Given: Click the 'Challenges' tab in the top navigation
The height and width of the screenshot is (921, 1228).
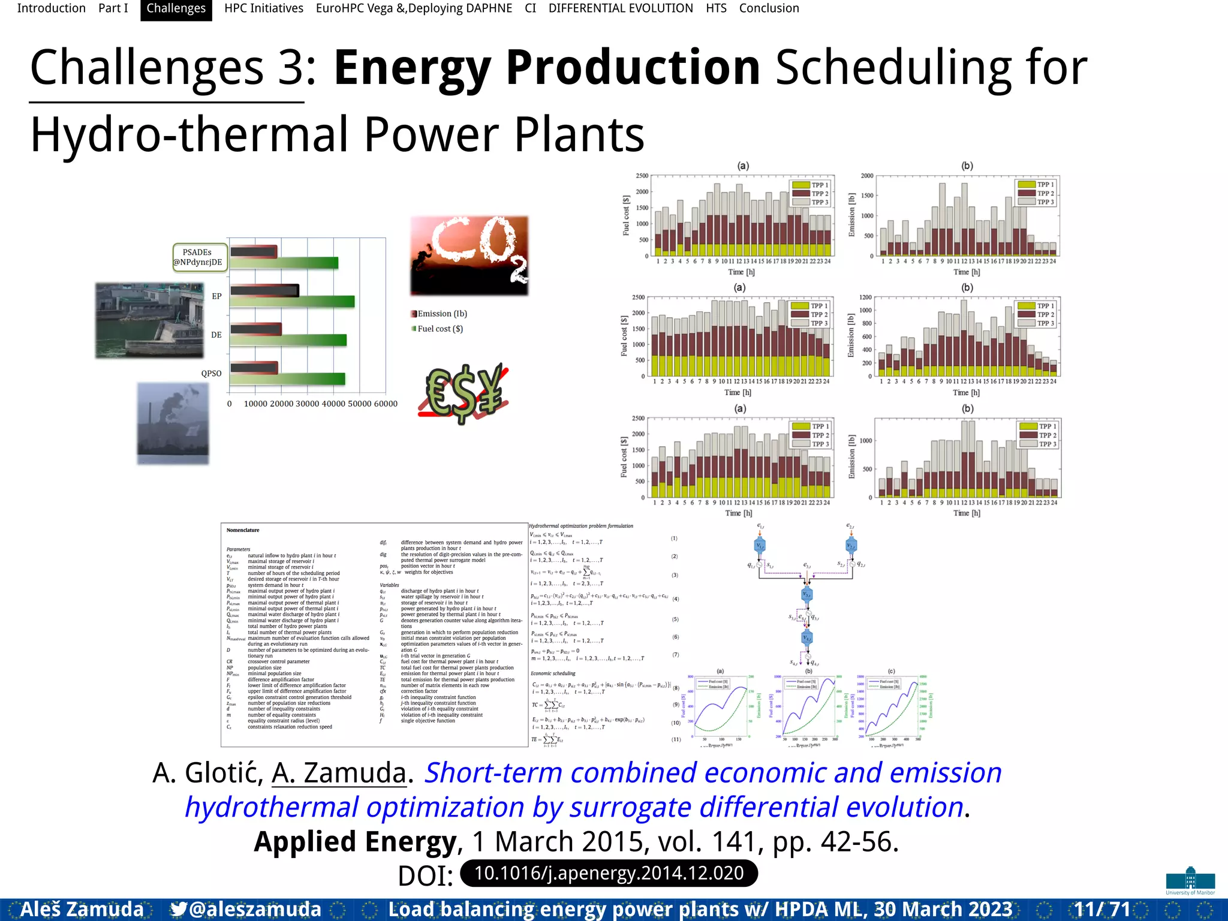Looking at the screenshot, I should tap(176, 8).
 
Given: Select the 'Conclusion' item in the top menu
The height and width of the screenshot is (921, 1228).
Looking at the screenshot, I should tap(769, 8).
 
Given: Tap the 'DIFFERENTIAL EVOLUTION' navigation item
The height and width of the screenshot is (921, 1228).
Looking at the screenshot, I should tap(621, 8).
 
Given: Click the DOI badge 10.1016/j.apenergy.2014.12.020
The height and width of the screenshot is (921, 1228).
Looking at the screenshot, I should tap(609, 873).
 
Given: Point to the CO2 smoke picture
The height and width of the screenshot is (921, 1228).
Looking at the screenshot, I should tap(469, 255).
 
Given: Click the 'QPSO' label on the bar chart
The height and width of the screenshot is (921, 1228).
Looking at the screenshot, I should tap(211, 373).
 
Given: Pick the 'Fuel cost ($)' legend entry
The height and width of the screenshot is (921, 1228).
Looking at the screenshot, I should tap(440, 329).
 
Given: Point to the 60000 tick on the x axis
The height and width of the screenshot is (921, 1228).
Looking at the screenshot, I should tap(386, 404).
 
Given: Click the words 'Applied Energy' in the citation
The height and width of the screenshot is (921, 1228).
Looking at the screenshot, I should tap(355, 841).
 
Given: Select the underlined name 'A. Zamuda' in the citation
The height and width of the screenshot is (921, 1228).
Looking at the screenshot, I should tap(339, 773).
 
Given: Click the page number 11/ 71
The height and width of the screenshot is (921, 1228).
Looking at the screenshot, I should tap(1101, 909).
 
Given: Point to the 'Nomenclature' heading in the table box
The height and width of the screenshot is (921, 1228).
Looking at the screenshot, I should tap(243, 530).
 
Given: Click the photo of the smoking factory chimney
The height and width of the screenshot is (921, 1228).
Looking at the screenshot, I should tap(173, 423).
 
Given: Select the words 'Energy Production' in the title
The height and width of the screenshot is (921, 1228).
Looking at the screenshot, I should tap(546, 67).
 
